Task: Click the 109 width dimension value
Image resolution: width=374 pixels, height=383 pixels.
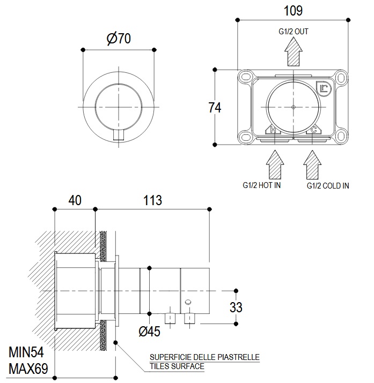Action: pos(293,10)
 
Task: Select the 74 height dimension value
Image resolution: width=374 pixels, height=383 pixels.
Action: pos(215,107)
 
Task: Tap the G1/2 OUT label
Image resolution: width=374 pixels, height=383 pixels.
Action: pos(293,32)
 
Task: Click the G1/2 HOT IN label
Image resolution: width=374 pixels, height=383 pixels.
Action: pos(262,185)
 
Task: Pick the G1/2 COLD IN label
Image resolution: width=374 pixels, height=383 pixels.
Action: pos(328,186)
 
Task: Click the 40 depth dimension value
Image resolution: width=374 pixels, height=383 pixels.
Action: pos(75,200)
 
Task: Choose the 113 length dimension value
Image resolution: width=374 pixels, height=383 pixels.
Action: pos(152,200)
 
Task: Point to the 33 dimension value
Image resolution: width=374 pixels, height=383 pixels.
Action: pos(236,307)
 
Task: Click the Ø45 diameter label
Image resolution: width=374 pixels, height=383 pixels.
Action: pos(149,332)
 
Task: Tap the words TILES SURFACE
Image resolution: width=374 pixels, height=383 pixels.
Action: pos(177,366)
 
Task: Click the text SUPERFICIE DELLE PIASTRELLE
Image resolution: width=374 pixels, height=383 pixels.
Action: pos(204,357)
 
